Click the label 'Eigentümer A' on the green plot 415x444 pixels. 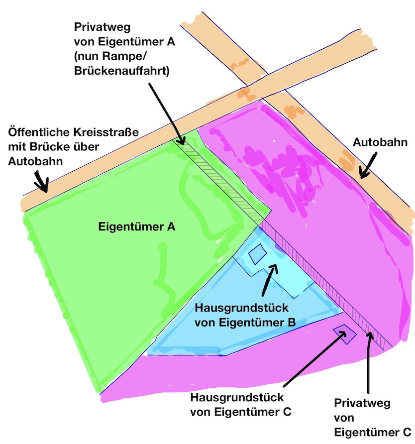coord(136,227)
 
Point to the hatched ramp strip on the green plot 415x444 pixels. coord(224,182)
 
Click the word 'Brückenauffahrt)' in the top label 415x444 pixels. coord(122,71)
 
